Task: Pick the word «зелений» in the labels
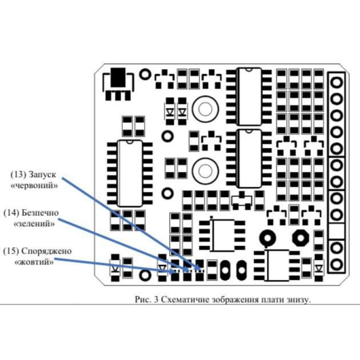point(33,223)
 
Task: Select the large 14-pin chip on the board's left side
point(130,173)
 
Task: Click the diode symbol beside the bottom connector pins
point(319,268)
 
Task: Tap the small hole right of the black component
point(145,74)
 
